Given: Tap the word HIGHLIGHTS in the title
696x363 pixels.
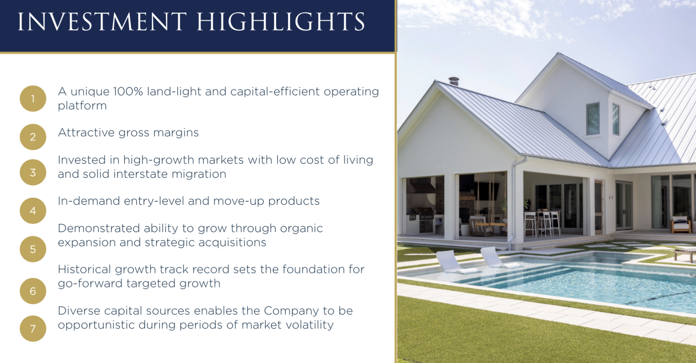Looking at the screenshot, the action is click(x=281, y=22).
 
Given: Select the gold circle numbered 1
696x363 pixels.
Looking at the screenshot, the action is click(x=33, y=99).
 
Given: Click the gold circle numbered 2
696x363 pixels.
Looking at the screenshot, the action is click(x=33, y=137).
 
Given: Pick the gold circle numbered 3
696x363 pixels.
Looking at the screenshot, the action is click(x=33, y=172).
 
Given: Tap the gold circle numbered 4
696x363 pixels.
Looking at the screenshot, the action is click(x=33, y=211).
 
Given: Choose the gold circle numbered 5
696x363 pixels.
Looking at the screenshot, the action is click(x=33, y=249).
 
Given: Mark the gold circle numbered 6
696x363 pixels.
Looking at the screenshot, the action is click(x=33, y=291).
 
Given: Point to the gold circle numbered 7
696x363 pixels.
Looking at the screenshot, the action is click(x=33, y=329).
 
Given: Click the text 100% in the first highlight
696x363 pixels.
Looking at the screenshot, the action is click(x=128, y=91).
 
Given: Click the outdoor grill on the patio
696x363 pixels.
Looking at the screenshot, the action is click(x=425, y=220).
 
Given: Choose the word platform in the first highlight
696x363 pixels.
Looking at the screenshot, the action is click(x=82, y=106).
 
